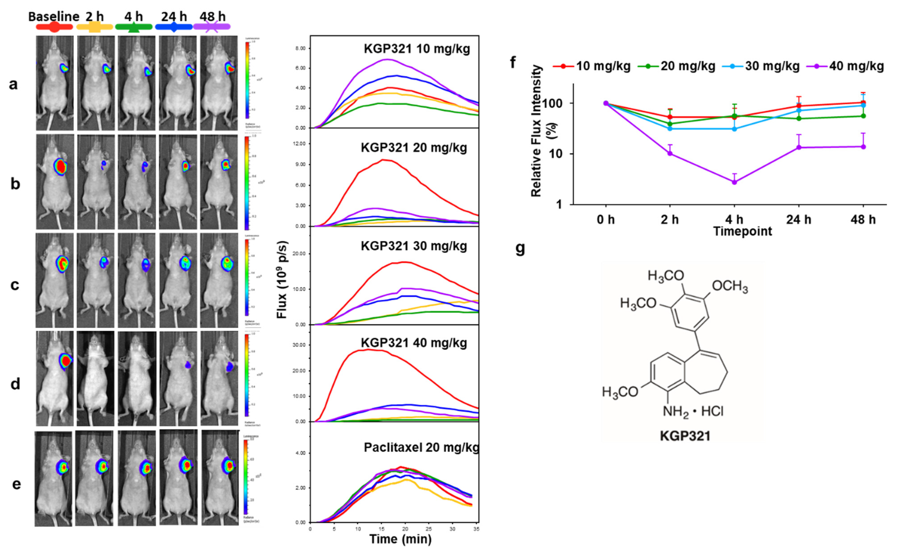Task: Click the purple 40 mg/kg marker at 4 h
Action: click(x=734, y=182)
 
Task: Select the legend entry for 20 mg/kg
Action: click(x=687, y=67)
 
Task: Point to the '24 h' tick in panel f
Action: click(x=798, y=220)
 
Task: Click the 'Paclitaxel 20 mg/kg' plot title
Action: click(x=421, y=447)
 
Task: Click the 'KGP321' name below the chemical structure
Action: click(x=685, y=436)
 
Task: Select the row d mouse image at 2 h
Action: click(x=95, y=379)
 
